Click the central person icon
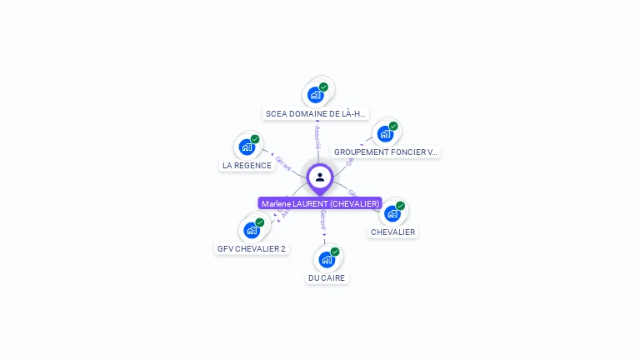(320, 177)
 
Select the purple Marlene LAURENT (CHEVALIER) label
(320, 203)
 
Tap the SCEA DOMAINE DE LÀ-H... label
(316, 113)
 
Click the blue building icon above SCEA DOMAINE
(315, 95)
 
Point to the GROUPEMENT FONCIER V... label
(386, 152)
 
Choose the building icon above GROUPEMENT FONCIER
(385, 133)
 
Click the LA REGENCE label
(247, 165)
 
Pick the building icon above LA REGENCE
(247, 147)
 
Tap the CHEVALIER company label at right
(392, 232)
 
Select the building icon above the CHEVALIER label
(392, 213)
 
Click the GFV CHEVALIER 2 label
(252, 248)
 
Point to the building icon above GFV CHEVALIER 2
(251, 230)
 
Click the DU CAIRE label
(327, 277)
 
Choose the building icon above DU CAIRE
(327, 259)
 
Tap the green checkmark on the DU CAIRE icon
(335, 252)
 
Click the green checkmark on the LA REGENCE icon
(255, 139)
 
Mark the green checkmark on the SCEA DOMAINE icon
(323, 87)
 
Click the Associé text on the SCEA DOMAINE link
(317, 137)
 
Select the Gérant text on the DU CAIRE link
(323, 220)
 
